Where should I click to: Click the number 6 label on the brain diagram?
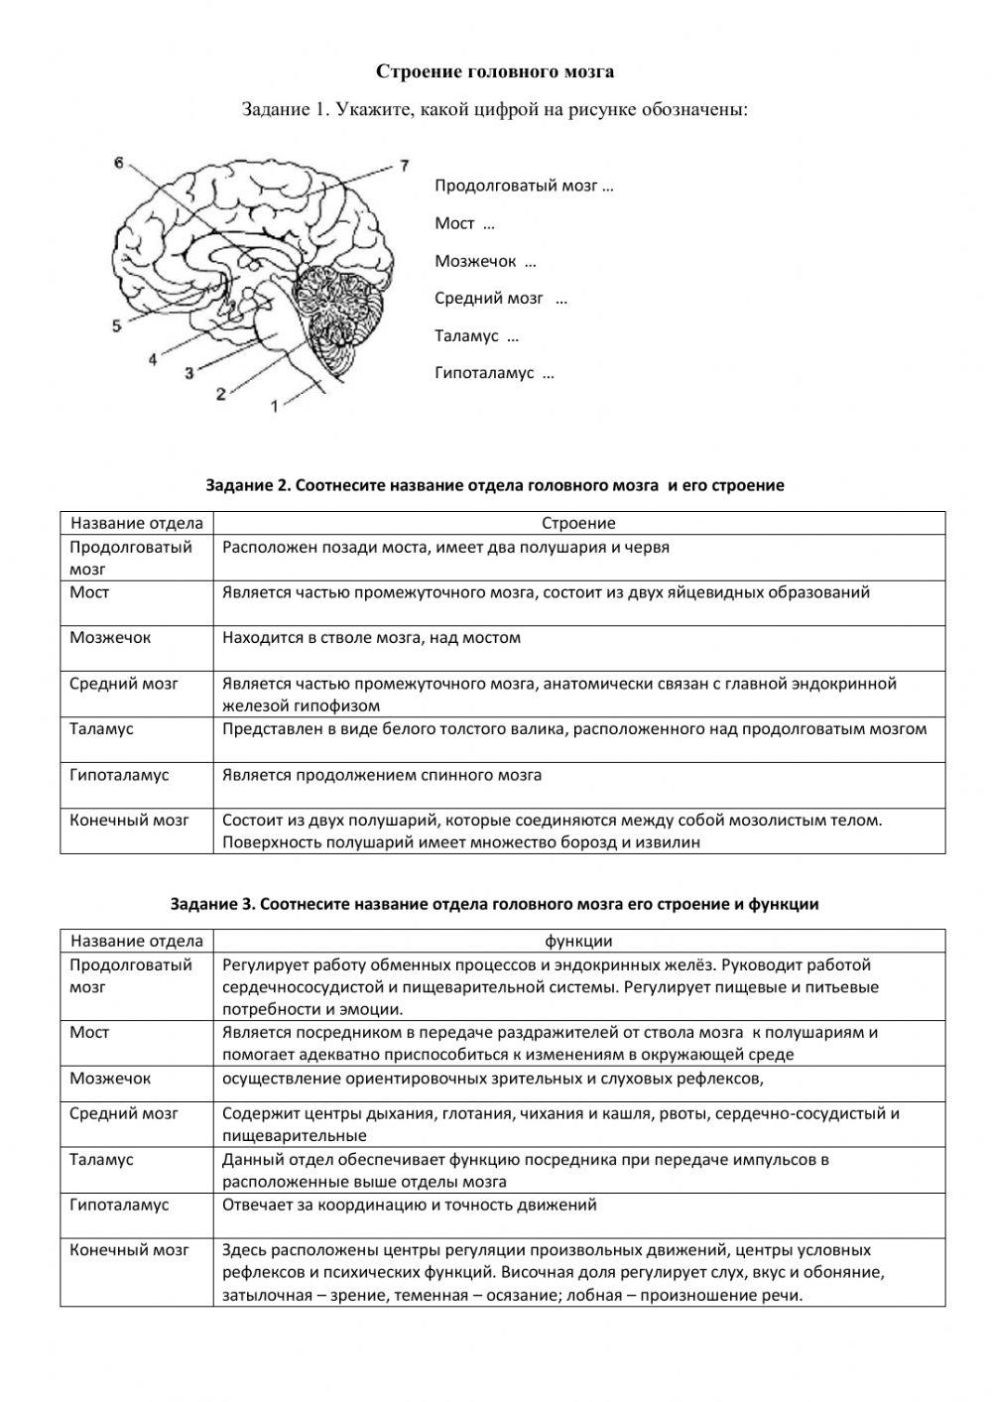click(119, 164)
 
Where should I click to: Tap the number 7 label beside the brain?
click(403, 166)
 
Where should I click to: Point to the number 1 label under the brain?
click(275, 405)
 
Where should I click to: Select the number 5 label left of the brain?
click(117, 324)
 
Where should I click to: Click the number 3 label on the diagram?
click(188, 374)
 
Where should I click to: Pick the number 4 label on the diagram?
click(152, 359)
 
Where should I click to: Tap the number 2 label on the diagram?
click(220, 394)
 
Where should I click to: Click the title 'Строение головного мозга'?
click(495, 71)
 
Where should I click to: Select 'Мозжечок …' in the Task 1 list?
click(485, 261)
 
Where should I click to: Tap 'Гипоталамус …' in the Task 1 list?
click(494, 373)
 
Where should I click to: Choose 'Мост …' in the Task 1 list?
click(464, 223)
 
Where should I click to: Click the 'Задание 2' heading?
click(495, 485)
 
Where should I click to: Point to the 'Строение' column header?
click(578, 523)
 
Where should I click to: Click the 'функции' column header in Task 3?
click(578, 941)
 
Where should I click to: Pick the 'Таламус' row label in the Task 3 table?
click(101, 1159)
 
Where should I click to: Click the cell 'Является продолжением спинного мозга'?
click(382, 775)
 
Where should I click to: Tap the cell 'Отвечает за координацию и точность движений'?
click(410, 1205)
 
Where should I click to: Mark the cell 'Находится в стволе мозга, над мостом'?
click(371, 638)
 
